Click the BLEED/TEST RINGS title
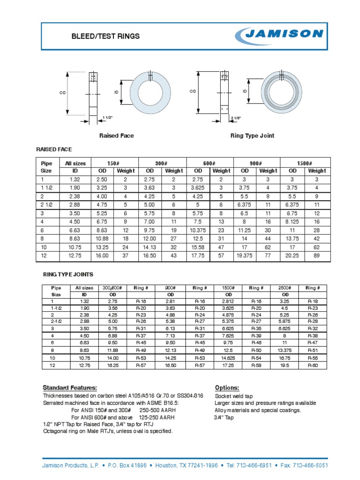(x=105, y=36)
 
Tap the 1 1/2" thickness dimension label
(x=108, y=117)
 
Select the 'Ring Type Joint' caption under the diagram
(x=252, y=135)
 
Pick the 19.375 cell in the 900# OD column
(x=245, y=255)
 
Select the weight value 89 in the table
(x=317, y=255)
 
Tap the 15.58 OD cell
(x=197, y=247)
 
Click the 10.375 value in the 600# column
(x=197, y=230)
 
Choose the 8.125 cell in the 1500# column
(x=292, y=221)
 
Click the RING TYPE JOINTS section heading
(x=68, y=274)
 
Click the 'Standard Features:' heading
(x=70, y=388)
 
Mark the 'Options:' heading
(x=227, y=388)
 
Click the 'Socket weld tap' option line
(x=233, y=396)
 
